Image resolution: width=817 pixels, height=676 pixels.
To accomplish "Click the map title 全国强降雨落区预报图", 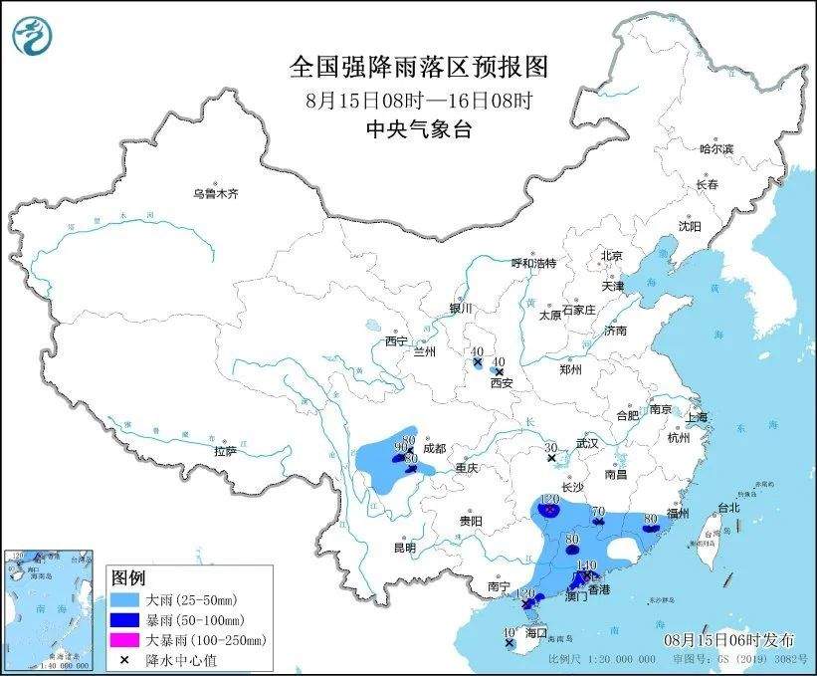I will coord(418,67).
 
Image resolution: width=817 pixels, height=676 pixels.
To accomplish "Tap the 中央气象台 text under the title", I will coord(418,129).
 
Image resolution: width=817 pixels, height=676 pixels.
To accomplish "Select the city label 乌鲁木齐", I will coord(216,193).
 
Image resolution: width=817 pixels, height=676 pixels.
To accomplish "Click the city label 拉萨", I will coord(225,451).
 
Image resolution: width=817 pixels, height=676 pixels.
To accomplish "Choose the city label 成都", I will coord(435,448).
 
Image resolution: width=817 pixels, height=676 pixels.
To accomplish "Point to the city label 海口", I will coord(536,632).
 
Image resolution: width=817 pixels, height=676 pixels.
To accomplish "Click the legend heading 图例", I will coord(128,578).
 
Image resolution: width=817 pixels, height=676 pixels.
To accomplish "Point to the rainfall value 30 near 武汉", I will coord(550,448).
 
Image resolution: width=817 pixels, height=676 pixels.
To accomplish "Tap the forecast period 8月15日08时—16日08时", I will coord(418,100).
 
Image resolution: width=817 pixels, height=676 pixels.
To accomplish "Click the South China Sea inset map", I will coord(50,607).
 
